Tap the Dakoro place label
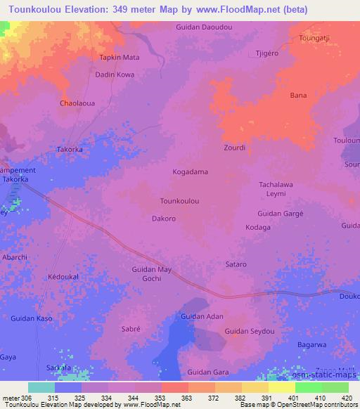[164, 219]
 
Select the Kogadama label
[190, 171]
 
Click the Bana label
[298, 95]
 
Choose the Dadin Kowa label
[115, 73]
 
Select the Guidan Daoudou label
[200, 27]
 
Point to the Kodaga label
[258, 227]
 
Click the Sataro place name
[236, 264]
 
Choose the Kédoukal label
[63, 276]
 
